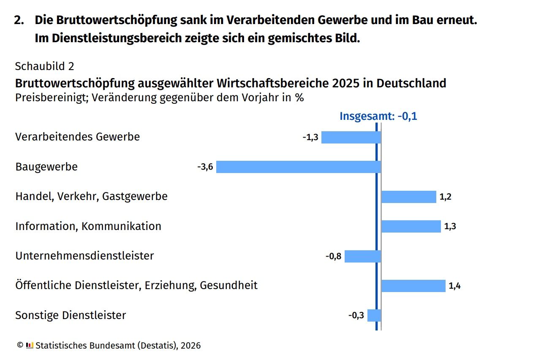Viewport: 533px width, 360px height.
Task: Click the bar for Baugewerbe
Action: coord(299,167)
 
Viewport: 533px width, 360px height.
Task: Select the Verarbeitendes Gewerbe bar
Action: coord(351,138)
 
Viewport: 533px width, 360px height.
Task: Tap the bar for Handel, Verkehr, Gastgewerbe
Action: coord(408,197)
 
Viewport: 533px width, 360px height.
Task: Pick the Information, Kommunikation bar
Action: coord(411,226)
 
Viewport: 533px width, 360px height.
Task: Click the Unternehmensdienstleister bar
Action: coord(363,256)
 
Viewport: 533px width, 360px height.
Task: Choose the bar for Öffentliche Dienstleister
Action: coord(413,286)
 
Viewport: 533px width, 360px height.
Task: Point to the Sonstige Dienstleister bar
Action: coord(374,315)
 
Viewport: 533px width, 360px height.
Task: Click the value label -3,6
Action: coord(205,167)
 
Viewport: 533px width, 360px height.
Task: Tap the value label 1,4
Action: coord(454,286)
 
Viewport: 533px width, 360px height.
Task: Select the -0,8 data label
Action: coord(333,256)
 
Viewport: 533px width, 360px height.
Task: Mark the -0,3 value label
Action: coord(356,315)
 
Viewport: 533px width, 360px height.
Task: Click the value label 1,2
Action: coord(446,197)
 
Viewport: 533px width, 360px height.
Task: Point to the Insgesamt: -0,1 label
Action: coord(378,116)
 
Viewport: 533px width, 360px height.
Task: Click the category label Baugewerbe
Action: coord(46,167)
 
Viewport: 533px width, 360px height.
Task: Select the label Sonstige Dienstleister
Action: coord(71,315)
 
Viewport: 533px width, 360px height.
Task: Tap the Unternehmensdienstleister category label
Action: coord(84,256)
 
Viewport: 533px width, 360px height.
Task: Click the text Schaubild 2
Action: coord(45,66)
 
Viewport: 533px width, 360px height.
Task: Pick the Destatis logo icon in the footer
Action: coord(30,345)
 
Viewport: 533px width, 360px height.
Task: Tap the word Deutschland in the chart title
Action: coord(411,83)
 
